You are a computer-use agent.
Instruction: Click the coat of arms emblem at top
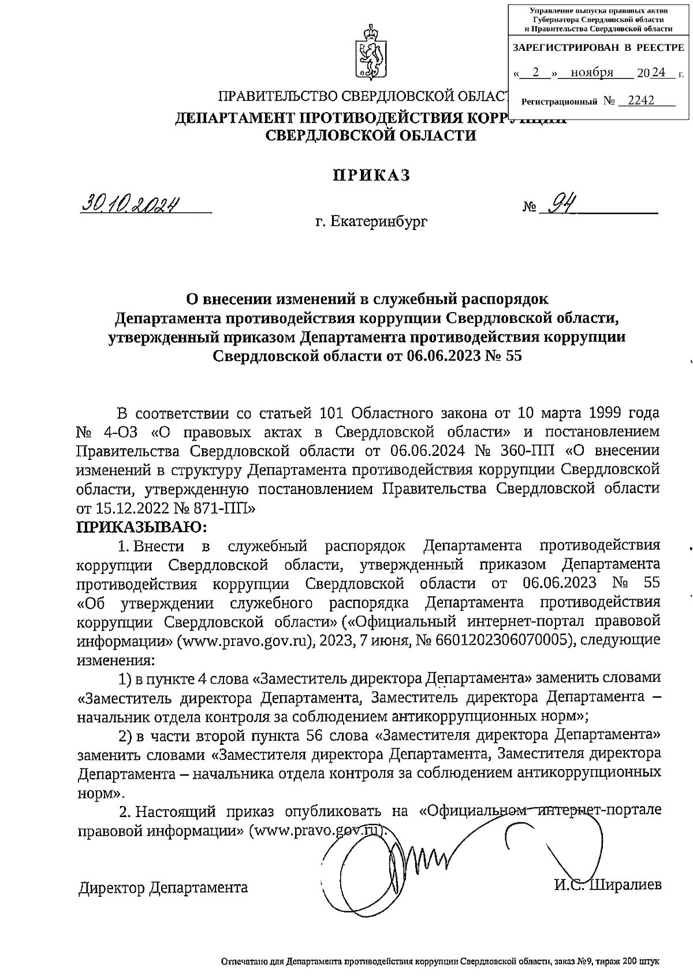(370, 52)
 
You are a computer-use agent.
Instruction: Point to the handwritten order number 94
(558, 203)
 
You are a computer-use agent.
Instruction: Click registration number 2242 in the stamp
(641, 101)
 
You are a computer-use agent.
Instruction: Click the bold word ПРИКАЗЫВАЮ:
(141, 526)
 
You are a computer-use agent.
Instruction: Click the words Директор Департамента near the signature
(163, 888)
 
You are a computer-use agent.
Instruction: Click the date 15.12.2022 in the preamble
(123, 508)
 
